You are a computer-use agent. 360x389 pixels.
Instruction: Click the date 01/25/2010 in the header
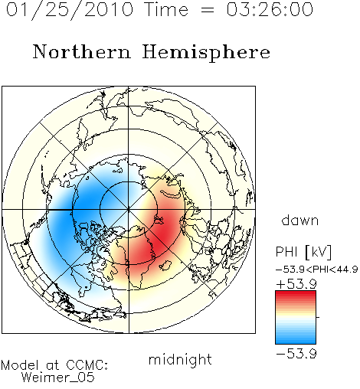[70, 10]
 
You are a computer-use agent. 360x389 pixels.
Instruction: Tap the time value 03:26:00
[270, 9]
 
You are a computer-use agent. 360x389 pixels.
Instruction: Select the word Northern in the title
[82, 52]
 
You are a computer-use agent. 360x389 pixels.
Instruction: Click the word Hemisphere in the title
[206, 53]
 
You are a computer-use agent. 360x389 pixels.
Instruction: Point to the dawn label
[300, 220]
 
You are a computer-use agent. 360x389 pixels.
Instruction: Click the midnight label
[180, 360]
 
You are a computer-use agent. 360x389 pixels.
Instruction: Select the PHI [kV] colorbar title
[303, 252]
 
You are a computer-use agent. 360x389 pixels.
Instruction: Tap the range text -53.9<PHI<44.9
[317, 270]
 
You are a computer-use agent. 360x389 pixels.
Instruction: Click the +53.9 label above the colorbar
[296, 284]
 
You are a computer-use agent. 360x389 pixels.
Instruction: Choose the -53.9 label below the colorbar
[296, 354]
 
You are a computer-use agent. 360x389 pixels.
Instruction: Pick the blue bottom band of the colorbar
[296, 340]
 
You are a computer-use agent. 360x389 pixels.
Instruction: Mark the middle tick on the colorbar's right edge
[318, 317]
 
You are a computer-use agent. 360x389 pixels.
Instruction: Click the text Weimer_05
[58, 378]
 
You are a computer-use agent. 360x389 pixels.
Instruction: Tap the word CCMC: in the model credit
[87, 365]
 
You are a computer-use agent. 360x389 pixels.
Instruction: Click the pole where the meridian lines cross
[129, 210]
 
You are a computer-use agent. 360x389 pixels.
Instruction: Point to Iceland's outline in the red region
[165, 266]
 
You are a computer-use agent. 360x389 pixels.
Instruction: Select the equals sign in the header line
[207, 11]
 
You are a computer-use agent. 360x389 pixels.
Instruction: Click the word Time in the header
[166, 9]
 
